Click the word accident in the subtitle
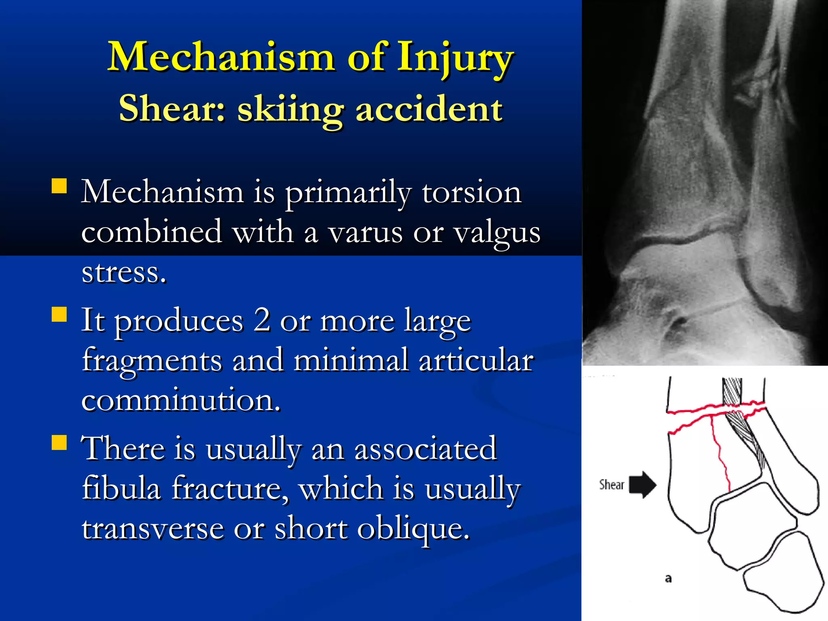(429, 109)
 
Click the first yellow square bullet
(59, 186)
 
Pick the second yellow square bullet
(59, 314)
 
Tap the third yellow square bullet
(59, 442)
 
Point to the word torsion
(471, 192)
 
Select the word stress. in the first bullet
(124, 272)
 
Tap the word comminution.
(181, 400)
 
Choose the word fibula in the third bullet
(121, 488)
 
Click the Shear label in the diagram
(611, 484)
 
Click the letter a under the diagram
(668, 579)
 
